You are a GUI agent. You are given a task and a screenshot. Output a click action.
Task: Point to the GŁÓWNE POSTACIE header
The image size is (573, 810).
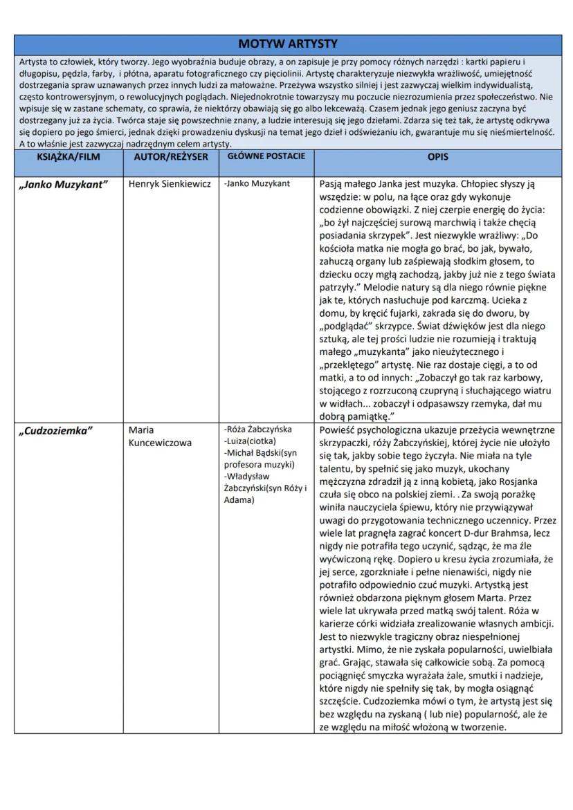(265, 156)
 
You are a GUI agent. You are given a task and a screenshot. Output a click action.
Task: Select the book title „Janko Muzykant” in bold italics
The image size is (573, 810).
(62, 185)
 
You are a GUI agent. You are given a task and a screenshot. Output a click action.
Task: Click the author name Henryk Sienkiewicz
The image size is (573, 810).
(170, 185)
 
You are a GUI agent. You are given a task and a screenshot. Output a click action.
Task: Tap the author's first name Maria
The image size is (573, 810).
(142, 430)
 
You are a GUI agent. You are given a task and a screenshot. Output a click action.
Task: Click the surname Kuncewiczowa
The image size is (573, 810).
(160, 443)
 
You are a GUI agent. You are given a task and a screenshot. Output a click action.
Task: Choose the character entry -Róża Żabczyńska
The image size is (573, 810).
(258, 430)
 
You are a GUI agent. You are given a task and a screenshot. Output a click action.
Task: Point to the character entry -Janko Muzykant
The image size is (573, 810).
(257, 184)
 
